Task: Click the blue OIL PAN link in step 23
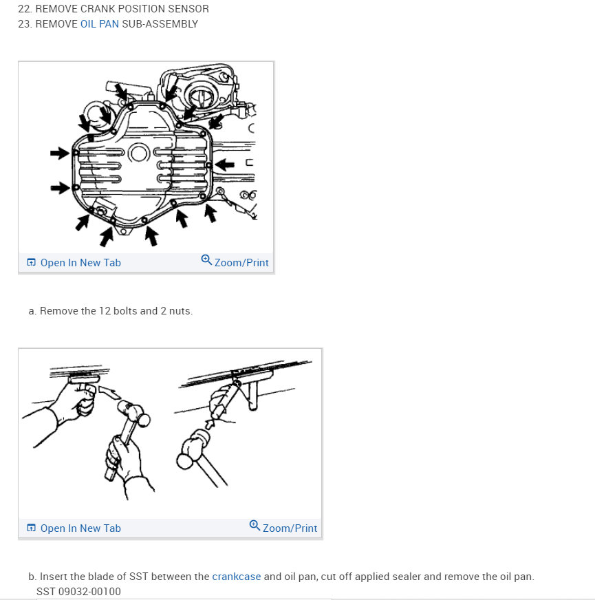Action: (100, 23)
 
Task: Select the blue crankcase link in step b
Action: (237, 577)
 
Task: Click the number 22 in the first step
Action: (23, 8)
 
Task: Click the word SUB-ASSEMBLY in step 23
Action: (160, 23)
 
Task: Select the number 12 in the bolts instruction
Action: (105, 311)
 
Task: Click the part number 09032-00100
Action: (89, 591)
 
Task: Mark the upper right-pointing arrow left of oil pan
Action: (60, 153)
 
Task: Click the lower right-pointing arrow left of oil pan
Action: (60, 188)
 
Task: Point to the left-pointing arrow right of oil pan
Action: (225, 165)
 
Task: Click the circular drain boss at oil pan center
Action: (138, 153)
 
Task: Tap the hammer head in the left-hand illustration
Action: (134, 413)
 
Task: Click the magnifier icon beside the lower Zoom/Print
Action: (255, 525)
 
